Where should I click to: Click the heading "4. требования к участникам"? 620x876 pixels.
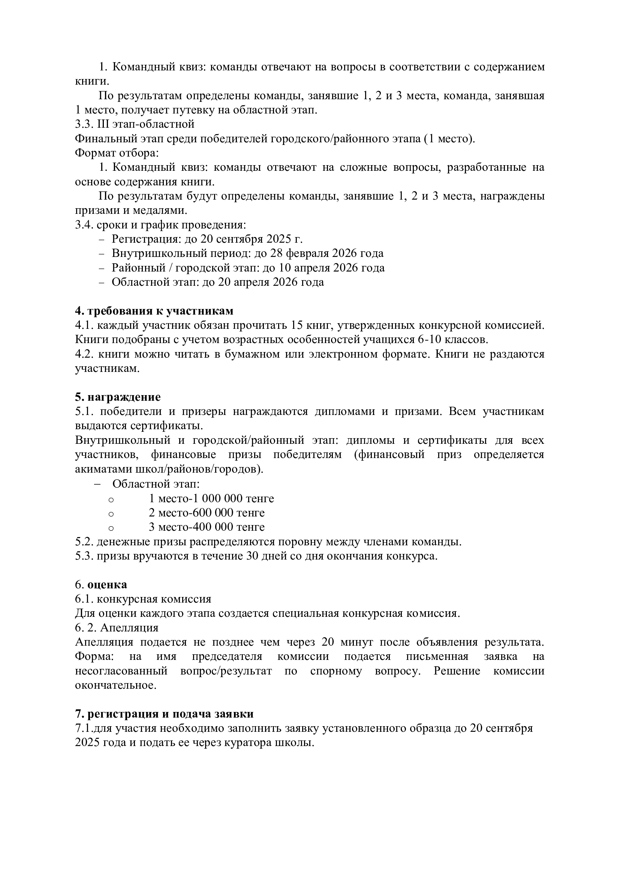pyautogui.click(x=154, y=311)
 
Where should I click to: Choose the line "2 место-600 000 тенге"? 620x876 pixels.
pyautogui.click(x=207, y=512)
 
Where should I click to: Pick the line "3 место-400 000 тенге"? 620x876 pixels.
pyautogui.click(x=207, y=527)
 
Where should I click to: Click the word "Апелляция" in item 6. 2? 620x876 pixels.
pyautogui.click(x=129, y=627)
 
